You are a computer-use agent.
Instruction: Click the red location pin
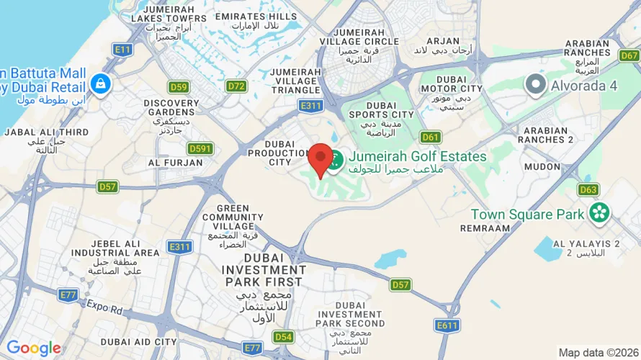(x=320, y=157)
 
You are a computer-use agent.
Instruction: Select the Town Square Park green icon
(x=599, y=213)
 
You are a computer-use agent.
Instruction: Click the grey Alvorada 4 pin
(x=535, y=85)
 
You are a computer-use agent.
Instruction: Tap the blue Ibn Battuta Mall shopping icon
(x=101, y=84)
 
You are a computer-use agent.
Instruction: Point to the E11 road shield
(x=122, y=49)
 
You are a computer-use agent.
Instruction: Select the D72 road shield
(x=236, y=86)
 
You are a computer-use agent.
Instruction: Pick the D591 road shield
(x=200, y=148)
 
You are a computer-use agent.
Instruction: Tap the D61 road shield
(x=431, y=137)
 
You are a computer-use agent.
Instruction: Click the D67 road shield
(x=629, y=55)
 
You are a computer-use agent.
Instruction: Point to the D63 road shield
(x=588, y=189)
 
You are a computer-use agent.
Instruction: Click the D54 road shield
(x=283, y=336)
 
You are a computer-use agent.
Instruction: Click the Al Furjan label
(x=175, y=163)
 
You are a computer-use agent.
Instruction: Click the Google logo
(x=34, y=349)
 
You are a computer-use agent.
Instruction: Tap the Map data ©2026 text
(x=598, y=353)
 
